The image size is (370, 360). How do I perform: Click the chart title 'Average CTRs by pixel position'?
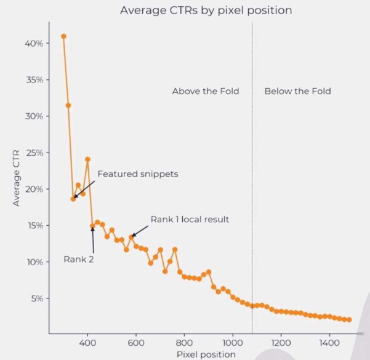pos(205,10)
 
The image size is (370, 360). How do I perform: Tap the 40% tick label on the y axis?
pos(33,44)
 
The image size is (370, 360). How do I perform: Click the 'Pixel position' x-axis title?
pos(206,354)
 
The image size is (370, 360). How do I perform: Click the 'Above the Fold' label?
pos(205,91)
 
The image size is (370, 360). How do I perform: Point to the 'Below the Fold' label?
pos(297,91)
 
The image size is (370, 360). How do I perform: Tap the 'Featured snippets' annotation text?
pos(137,174)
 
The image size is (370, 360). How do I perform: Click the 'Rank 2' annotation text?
pos(78,259)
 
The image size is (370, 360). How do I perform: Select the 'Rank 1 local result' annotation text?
pos(190,219)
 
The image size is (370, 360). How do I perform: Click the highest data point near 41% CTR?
pos(63,36)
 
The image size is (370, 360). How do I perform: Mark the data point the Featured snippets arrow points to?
pos(73,198)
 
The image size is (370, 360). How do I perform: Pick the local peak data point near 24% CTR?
pos(87,159)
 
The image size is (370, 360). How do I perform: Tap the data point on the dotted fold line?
pos(252,305)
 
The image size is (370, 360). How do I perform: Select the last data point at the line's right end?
pos(349,319)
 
